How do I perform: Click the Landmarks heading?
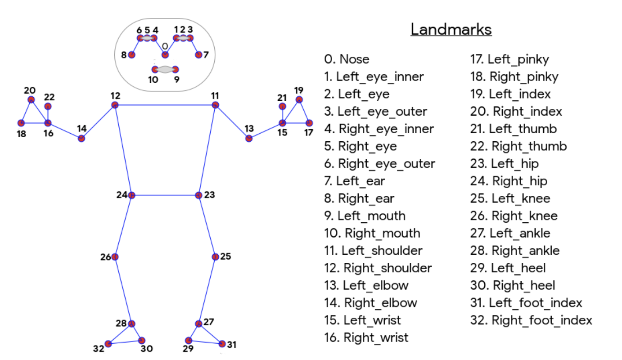(451, 30)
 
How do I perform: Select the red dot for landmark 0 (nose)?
(165, 55)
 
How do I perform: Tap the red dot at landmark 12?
(115, 105)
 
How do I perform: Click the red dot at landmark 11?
(216, 105)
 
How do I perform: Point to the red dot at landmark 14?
(81, 138)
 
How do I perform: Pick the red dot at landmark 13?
(249, 138)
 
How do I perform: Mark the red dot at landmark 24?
(131, 195)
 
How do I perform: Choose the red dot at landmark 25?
(216, 256)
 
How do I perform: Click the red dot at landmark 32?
(108, 344)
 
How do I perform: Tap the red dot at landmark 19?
(299, 99)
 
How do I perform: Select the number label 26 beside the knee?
(106, 257)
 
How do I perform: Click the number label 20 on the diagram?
(30, 90)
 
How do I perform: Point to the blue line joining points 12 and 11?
(165, 105)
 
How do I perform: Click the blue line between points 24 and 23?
(165, 195)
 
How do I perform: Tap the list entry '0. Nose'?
(347, 59)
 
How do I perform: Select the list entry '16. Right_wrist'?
(366, 337)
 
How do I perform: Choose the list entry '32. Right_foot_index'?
(531, 320)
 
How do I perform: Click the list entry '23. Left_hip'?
(504, 164)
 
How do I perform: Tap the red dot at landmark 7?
(198, 55)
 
